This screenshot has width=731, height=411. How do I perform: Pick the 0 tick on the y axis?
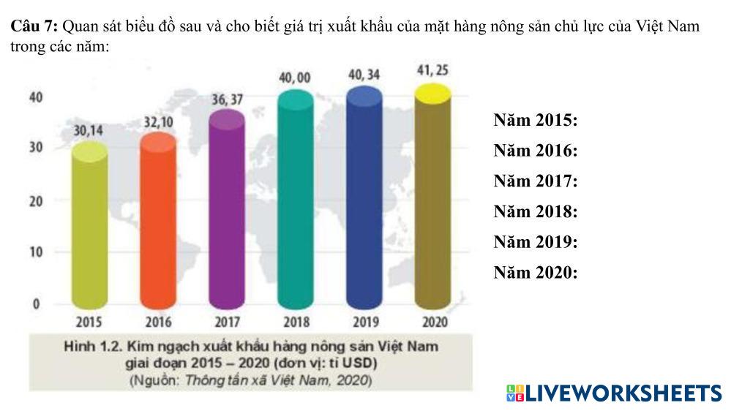pos(36,304)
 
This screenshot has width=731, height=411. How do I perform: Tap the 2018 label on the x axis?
pos(296,322)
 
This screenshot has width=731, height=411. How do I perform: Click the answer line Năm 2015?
pos(536,121)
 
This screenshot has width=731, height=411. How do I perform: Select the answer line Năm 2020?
pos(536,273)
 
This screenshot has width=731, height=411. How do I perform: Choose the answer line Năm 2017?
pos(536,181)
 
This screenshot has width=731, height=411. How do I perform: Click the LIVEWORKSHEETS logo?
pos(613,393)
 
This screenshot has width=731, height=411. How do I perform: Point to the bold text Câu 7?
pos(35,27)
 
